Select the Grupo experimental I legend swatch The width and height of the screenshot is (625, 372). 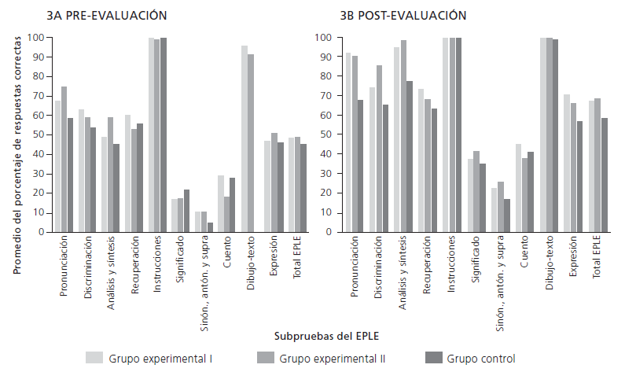tap(94, 358)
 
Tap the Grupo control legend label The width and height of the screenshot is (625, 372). tap(481, 359)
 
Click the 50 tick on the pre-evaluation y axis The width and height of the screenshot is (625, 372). tap(35, 135)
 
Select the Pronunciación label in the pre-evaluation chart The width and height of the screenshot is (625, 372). tap(64, 268)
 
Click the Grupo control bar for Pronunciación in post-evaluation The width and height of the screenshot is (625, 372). tap(359, 166)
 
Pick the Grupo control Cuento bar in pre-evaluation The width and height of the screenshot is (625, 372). tap(233, 205)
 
